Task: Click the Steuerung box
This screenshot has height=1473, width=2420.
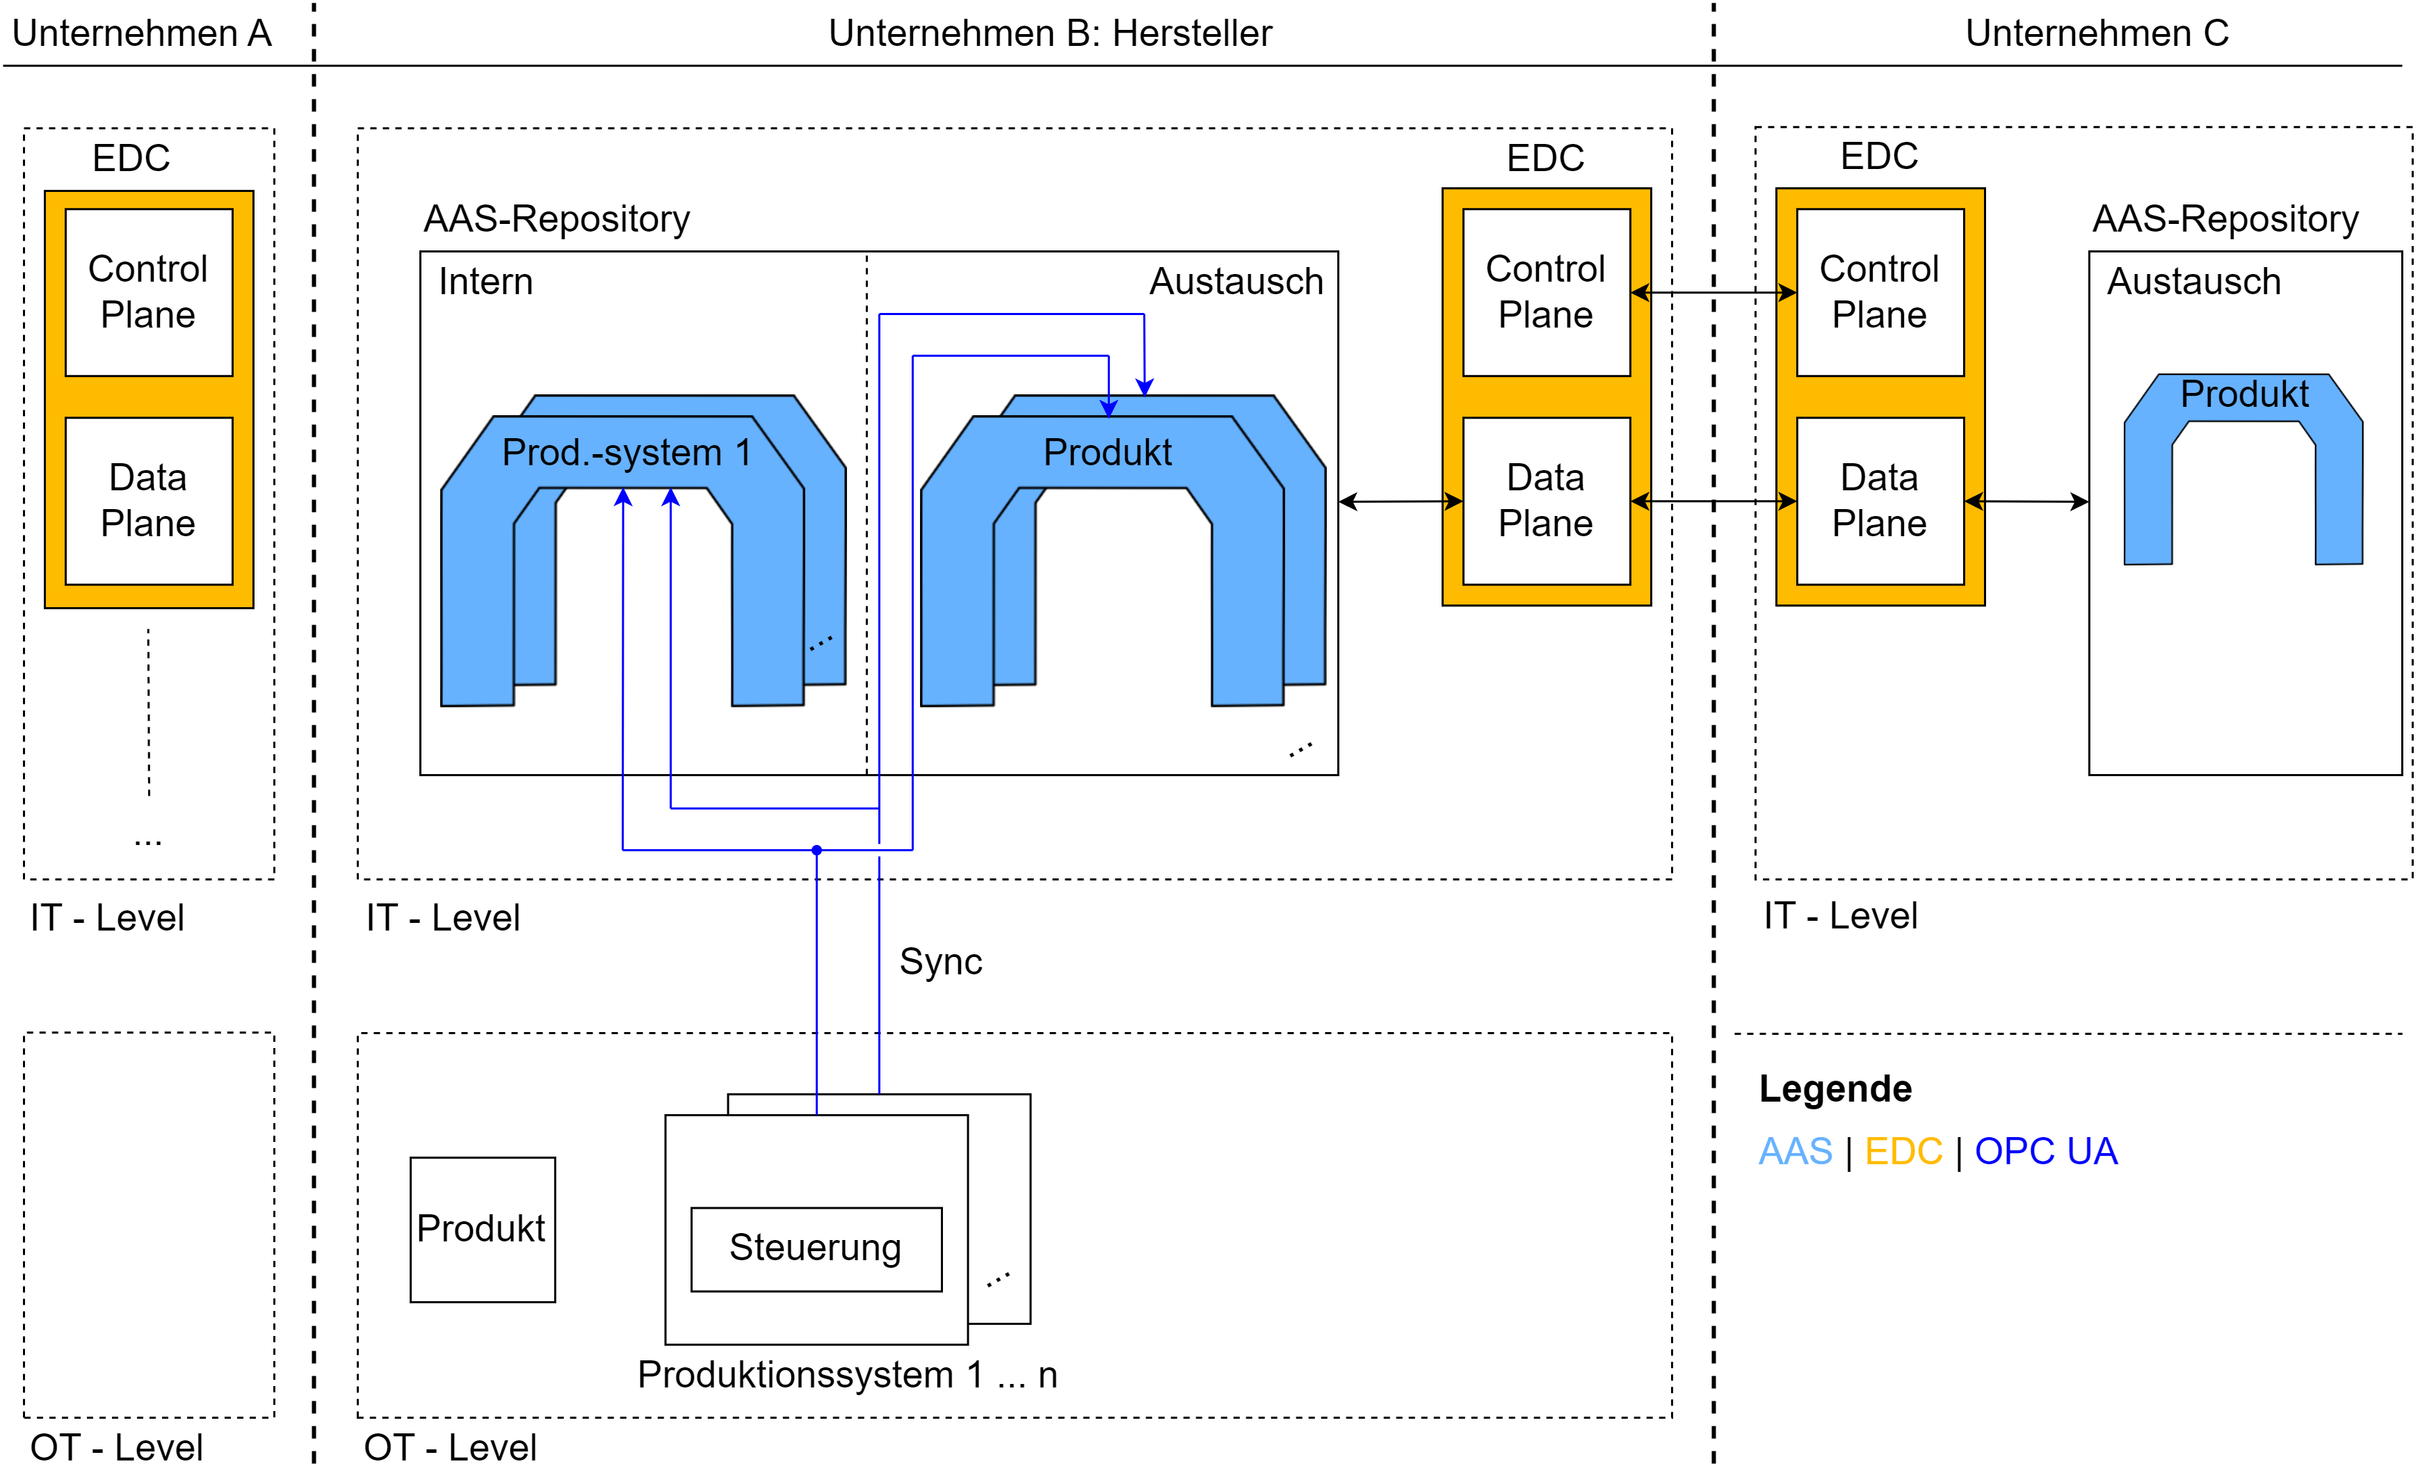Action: click(x=815, y=1248)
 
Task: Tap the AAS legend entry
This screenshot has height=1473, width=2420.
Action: click(x=1794, y=1151)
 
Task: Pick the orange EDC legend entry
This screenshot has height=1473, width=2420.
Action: click(x=1903, y=1151)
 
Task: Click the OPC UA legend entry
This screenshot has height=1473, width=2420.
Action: click(x=2046, y=1151)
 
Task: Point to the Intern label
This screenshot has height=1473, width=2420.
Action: click(x=485, y=282)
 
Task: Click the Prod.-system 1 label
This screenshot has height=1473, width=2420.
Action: click(x=626, y=453)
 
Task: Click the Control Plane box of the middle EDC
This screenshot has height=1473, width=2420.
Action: click(x=1546, y=291)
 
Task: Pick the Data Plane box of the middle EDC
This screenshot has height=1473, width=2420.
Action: click(x=1546, y=501)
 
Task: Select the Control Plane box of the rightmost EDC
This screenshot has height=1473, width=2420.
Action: click(x=1880, y=291)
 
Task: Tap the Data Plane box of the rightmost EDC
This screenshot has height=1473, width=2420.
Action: click(x=1880, y=501)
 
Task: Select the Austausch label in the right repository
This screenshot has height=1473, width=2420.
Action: click(x=2193, y=282)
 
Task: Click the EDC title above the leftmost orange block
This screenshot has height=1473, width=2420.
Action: click(x=131, y=158)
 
